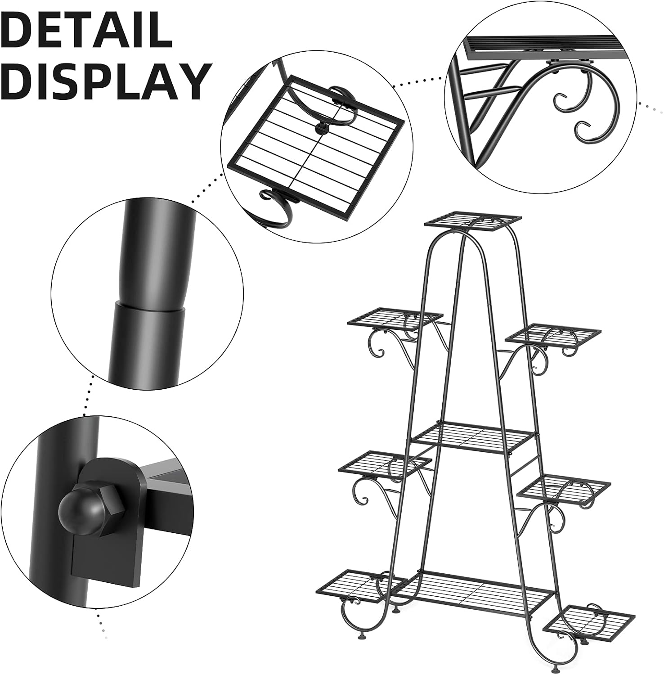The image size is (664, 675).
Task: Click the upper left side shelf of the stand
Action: click(395, 319)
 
